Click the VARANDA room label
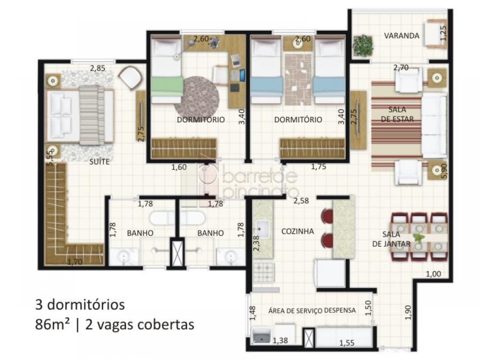pyautogui.click(x=402, y=36)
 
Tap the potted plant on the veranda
pyautogui.click(x=363, y=46)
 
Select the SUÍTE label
pyautogui.click(x=99, y=161)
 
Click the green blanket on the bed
pyautogui.click(x=167, y=86)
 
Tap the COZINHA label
pyautogui.click(x=298, y=231)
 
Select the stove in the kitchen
pyautogui.click(x=263, y=273)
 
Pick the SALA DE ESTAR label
pyautogui.click(x=397, y=114)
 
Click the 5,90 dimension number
pyautogui.click(x=444, y=172)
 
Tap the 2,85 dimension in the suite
pyautogui.click(x=97, y=68)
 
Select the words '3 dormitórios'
pyautogui.click(x=80, y=305)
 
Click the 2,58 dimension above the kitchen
pyautogui.click(x=301, y=201)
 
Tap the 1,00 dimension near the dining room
pyautogui.click(x=433, y=274)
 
